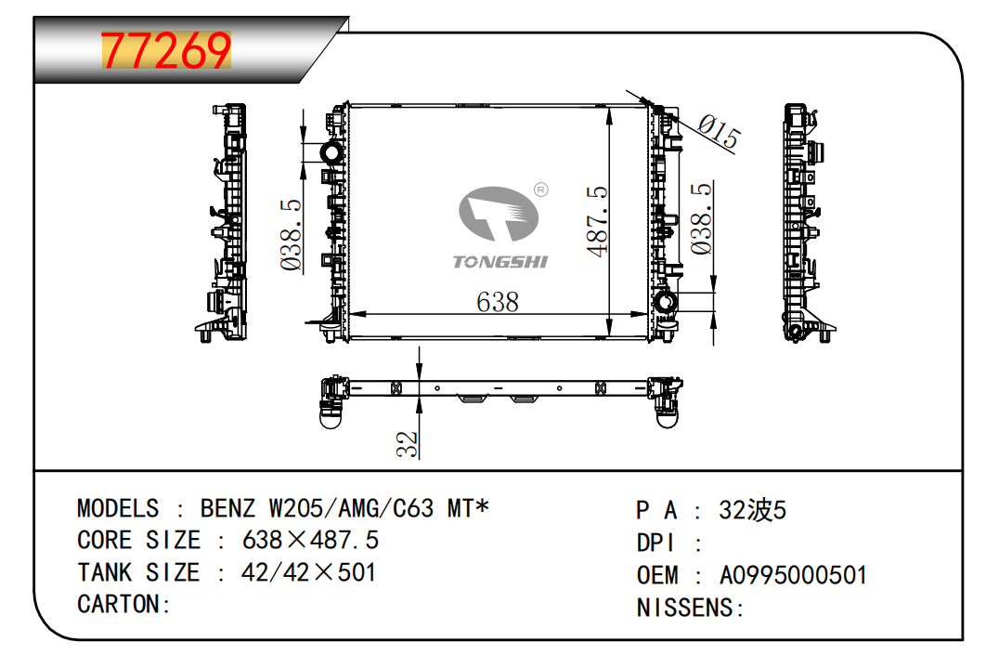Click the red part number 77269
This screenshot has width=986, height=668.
166,50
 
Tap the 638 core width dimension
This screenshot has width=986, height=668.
498,302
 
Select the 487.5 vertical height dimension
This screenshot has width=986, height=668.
597,221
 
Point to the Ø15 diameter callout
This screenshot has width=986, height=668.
720,132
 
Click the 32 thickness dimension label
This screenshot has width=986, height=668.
408,443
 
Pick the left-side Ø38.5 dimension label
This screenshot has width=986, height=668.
292,235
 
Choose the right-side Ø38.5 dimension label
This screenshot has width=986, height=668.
701,218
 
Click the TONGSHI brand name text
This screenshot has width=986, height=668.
499,262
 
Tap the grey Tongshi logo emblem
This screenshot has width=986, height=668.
498,214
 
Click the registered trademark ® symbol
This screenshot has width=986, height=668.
540,190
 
